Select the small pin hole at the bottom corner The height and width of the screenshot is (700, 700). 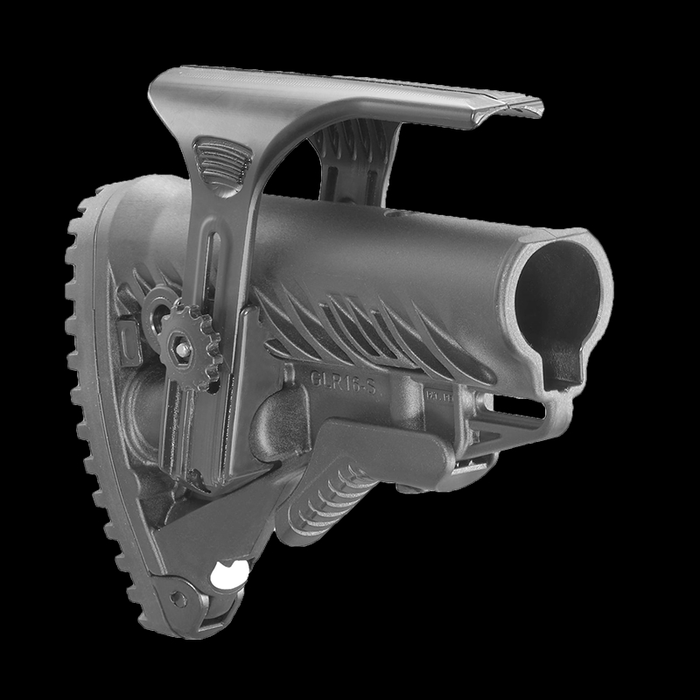coord(179,599)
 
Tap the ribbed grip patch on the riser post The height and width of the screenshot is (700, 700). coord(220,160)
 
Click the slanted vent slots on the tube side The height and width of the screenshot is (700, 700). coord(367,337)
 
